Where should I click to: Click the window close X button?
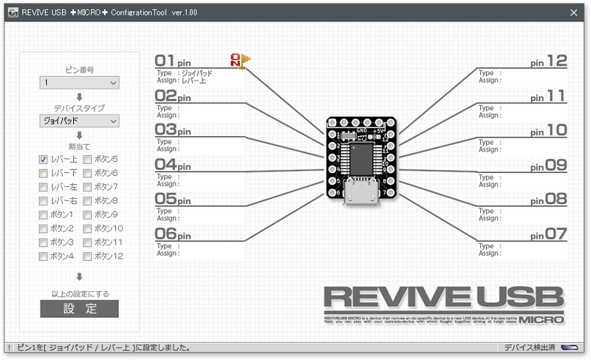(x=573, y=12)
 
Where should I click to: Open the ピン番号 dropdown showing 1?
(x=79, y=83)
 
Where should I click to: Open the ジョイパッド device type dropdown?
(x=79, y=120)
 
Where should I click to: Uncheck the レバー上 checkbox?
(x=44, y=159)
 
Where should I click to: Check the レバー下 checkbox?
(x=44, y=173)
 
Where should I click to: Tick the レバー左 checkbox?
(x=44, y=187)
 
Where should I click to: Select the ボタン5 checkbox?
(x=88, y=159)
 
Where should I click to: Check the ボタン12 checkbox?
(x=88, y=257)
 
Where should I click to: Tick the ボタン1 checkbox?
(x=44, y=214)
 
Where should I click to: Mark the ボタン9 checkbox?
(x=88, y=214)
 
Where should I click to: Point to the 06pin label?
(x=173, y=234)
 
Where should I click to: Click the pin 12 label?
(x=548, y=61)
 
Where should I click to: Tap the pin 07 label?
(x=548, y=234)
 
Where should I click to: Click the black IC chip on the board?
(x=361, y=157)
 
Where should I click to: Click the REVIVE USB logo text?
(x=443, y=297)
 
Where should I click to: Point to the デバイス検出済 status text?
(x=530, y=347)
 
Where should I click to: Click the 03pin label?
(x=173, y=130)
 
